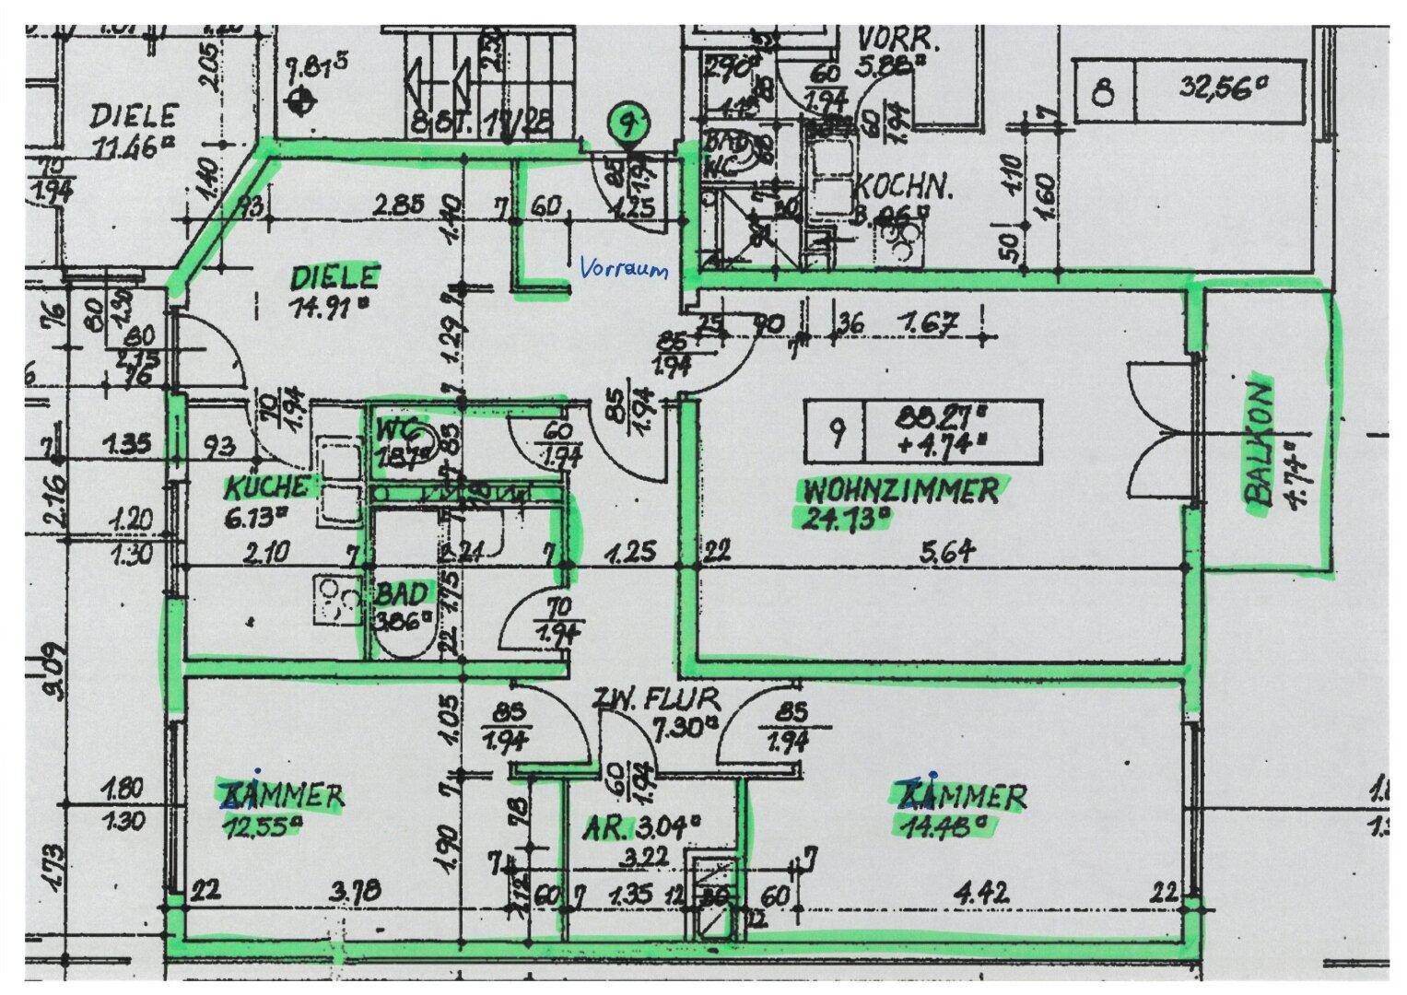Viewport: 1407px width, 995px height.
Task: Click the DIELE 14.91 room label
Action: [334, 277]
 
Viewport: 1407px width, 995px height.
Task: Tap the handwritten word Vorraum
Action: [623, 269]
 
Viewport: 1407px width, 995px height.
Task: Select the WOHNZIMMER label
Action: [900, 490]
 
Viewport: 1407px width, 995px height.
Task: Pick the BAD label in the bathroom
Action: [403, 594]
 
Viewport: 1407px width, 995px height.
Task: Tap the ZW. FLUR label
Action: [656, 697]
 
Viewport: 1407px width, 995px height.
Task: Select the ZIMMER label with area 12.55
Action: [283, 795]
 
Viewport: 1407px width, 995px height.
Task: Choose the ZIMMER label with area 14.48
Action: [960, 795]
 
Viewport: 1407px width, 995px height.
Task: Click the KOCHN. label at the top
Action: [903, 187]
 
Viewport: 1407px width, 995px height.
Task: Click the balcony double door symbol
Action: [1163, 433]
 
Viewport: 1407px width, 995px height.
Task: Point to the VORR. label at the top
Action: [898, 41]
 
